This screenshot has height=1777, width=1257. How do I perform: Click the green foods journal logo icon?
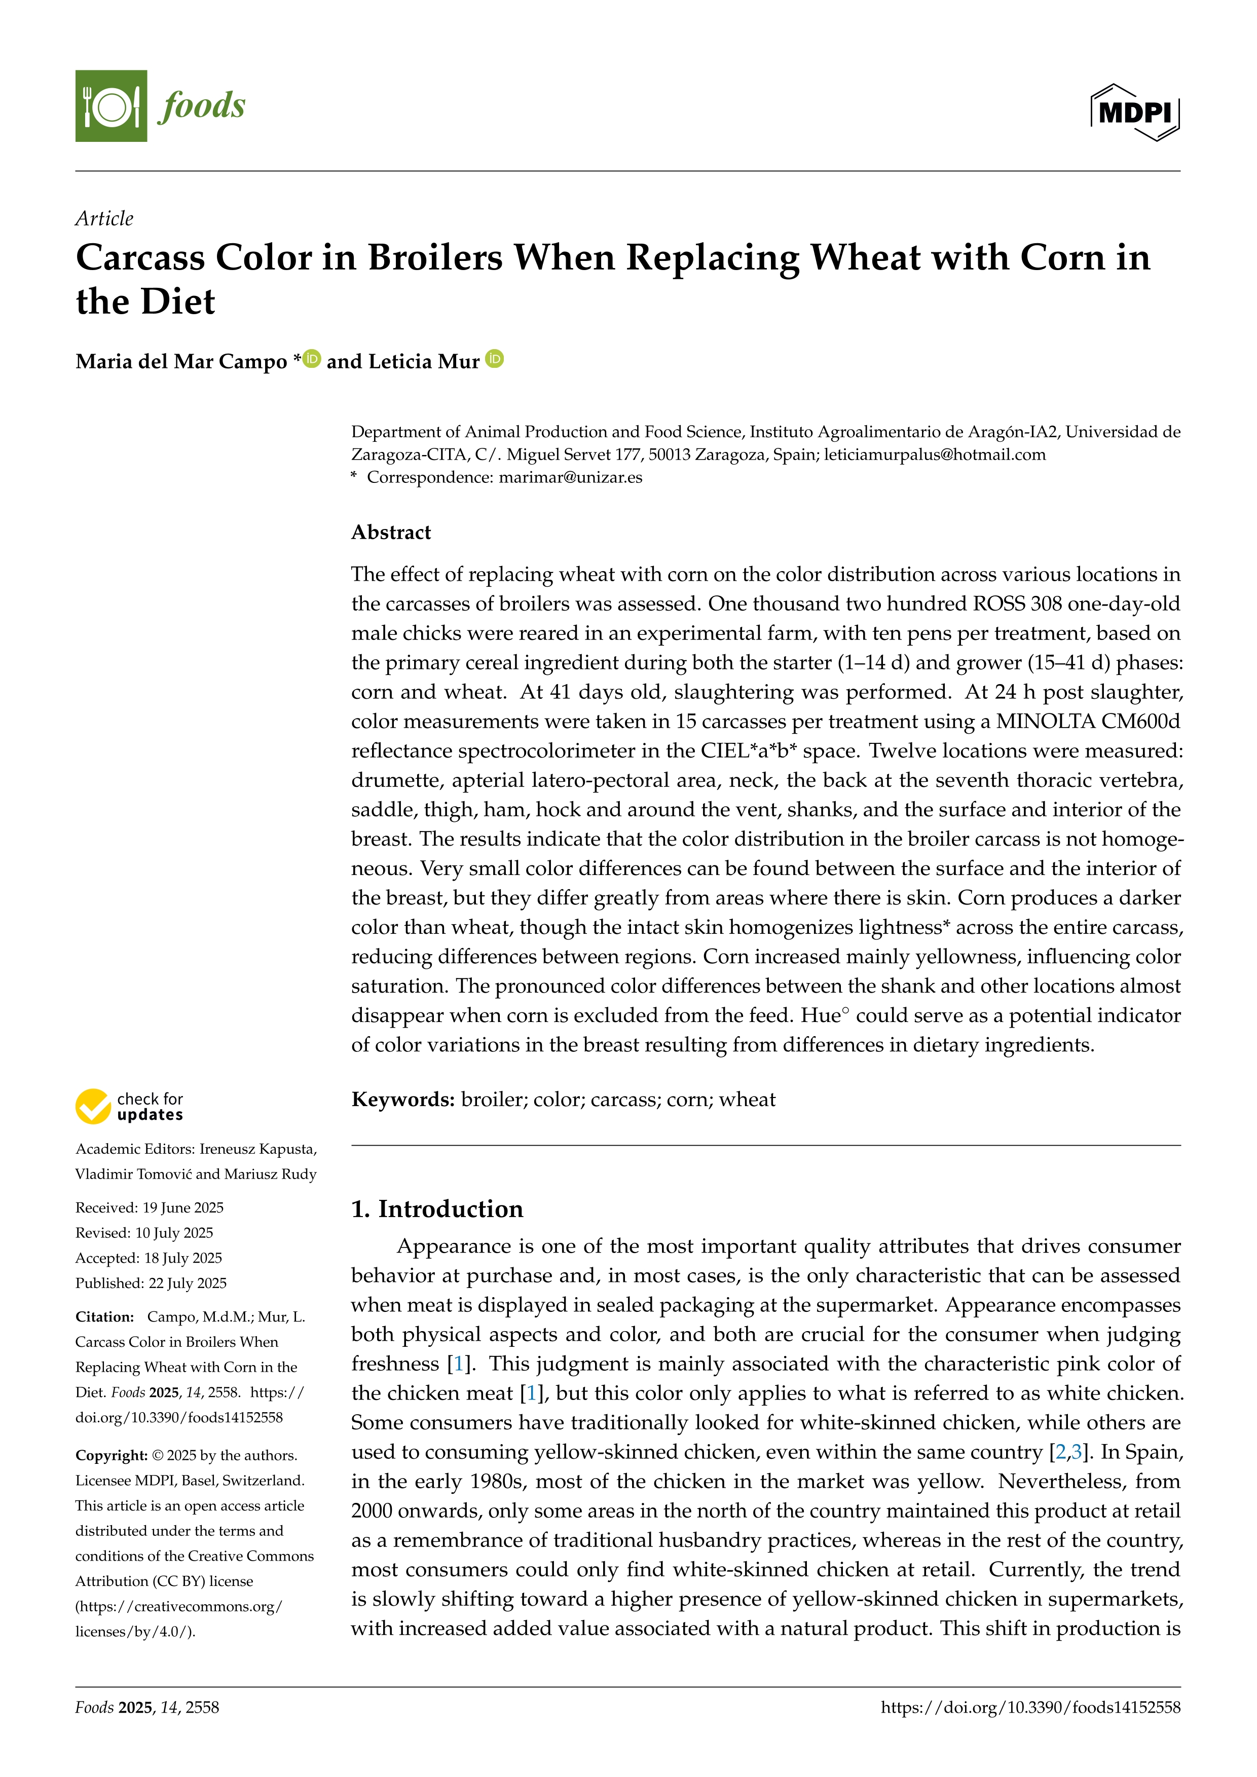point(110,106)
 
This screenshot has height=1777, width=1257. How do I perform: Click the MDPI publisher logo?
point(1135,112)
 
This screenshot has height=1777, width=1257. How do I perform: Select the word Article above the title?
point(104,218)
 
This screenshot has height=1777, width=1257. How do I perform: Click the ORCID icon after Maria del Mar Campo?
point(312,359)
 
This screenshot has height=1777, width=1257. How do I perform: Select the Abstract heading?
point(391,533)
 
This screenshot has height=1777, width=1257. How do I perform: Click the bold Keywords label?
point(402,1100)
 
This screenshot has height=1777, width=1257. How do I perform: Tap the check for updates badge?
point(129,1107)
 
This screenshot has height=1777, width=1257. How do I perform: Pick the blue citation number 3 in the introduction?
point(1076,1452)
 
